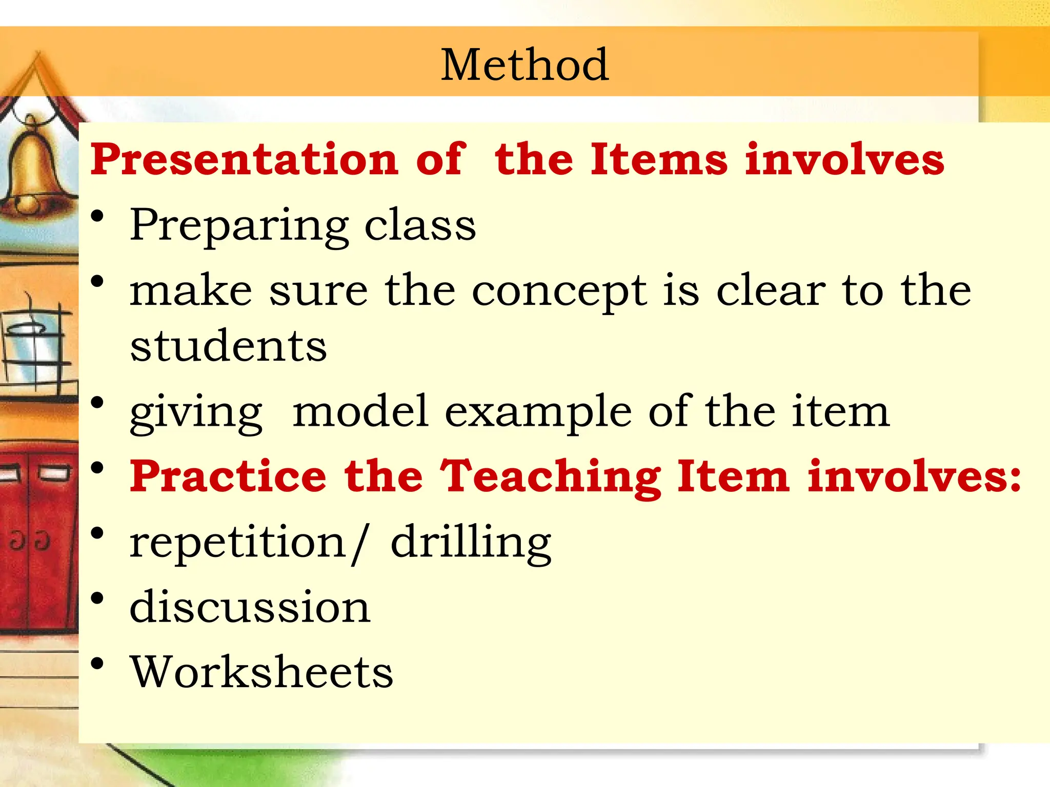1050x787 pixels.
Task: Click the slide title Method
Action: coord(524,65)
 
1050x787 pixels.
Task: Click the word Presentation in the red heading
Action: coord(244,159)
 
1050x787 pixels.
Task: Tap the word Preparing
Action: coord(239,226)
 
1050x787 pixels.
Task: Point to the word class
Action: coord(420,226)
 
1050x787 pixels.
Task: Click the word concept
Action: coord(559,292)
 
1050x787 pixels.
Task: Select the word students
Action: coord(228,346)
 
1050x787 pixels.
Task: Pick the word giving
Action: coord(196,413)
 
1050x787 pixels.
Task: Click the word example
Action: coord(538,413)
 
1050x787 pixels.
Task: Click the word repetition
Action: coord(238,543)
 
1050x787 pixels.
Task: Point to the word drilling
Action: coord(471,543)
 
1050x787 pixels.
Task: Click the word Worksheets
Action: coord(261,672)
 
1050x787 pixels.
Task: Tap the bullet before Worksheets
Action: coord(97,664)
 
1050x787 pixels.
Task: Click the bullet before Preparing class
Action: coord(97,216)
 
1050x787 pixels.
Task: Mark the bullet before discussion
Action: coord(97,598)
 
